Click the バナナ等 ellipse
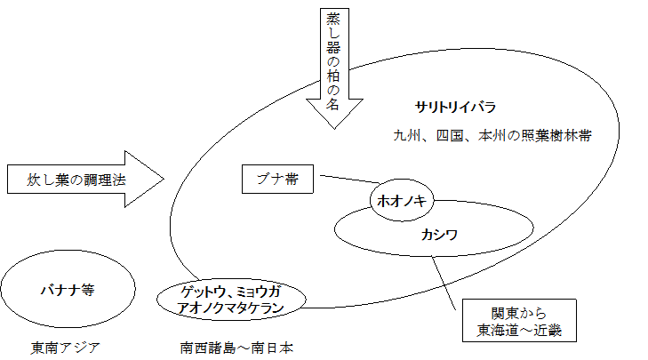tap(68, 290)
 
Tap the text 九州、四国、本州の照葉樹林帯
tap(493, 136)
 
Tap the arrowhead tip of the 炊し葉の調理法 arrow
tap(164, 180)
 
